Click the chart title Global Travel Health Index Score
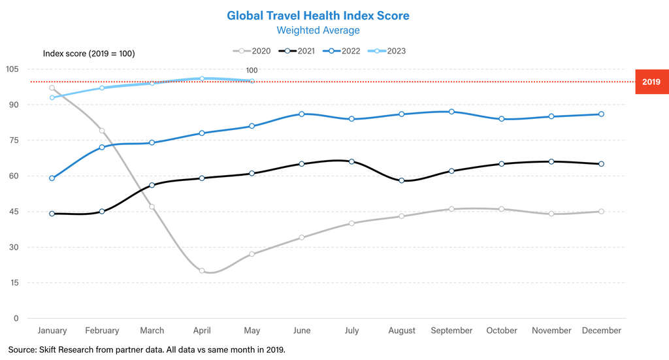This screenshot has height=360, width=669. (x=318, y=15)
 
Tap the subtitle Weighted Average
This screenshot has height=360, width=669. (x=318, y=30)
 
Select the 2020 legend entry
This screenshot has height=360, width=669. (x=253, y=51)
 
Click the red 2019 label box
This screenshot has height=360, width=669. (x=651, y=82)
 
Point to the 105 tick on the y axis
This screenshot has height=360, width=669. (x=11, y=69)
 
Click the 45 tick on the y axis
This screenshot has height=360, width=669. (x=13, y=212)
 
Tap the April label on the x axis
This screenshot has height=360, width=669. (x=202, y=331)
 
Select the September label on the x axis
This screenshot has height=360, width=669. (x=451, y=331)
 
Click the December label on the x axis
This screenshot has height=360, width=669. (x=601, y=331)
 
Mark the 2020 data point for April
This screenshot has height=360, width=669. (x=202, y=270)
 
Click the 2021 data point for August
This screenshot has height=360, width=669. (x=402, y=180)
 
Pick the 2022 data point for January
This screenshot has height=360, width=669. (x=52, y=178)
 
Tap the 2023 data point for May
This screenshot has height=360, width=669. (x=252, y=81)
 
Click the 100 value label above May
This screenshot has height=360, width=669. (x=252, y=71)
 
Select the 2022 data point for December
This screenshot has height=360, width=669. (x=601, y=114)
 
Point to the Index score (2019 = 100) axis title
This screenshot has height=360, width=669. (x=89, y=54)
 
